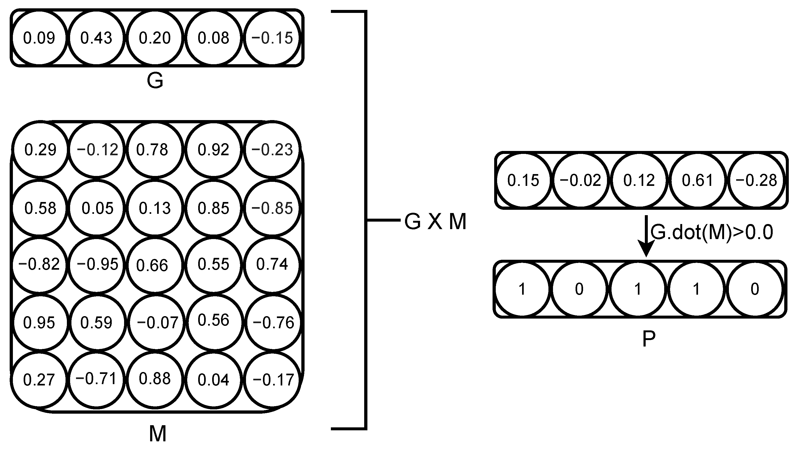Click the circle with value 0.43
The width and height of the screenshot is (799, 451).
pos(96,38)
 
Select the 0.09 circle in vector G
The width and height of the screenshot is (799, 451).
pos(39,38)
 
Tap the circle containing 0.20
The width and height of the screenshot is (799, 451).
pos(154,38)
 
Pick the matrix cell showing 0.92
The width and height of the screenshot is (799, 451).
pos(214,150)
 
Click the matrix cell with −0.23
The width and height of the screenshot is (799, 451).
pos(272,150)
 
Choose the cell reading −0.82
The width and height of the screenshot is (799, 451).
pos(39,264)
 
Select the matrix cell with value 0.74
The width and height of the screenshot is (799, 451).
pos(272,264)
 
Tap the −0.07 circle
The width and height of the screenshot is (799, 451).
pos(157,323)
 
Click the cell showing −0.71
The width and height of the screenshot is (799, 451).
pos(96,379)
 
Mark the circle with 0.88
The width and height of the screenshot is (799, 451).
pos(154,379)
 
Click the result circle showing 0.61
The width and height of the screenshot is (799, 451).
pos(697,180)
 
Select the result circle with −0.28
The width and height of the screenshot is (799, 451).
pos(756,180)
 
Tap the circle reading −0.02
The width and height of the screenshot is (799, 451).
pos(580,180)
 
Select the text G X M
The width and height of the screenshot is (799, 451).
pos(435,222)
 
